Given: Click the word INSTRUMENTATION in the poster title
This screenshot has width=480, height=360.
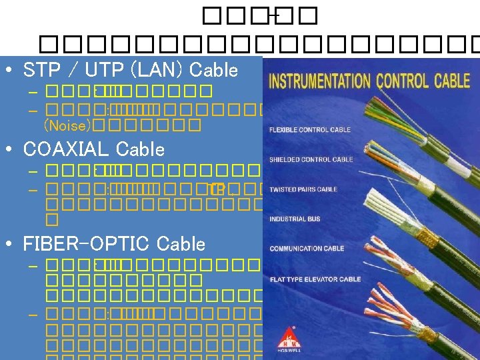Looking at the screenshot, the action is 319,82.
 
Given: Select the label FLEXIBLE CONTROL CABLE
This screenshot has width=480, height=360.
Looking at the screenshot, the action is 310,130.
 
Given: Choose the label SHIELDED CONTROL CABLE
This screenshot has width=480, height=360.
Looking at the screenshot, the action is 311,160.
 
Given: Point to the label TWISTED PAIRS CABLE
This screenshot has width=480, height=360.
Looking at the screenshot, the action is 303,189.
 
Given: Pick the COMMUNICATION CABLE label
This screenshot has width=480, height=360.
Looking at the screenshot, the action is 307,249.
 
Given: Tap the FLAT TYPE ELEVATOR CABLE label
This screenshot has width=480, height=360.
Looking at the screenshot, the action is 315,279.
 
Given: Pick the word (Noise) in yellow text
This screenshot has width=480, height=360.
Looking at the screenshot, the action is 67,125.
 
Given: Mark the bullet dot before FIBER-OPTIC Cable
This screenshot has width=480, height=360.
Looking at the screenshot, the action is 9,244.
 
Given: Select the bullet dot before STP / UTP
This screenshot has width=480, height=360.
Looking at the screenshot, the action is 9,70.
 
